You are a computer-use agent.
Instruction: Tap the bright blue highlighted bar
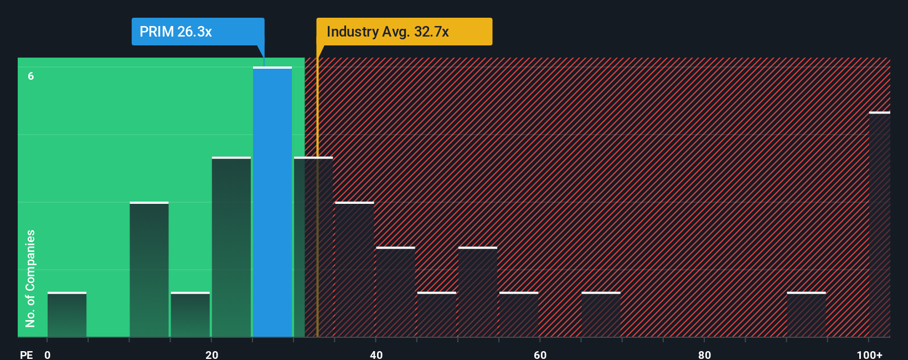point(272,202)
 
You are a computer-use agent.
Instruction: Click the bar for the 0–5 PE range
point(67,315)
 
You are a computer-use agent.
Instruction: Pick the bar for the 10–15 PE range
point(149,270)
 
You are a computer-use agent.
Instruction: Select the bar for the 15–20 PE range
point(190,315)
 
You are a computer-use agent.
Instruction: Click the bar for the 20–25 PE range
point(231,247)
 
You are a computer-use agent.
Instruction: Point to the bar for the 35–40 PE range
point(354,270)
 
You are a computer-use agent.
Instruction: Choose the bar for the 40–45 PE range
point(395,292)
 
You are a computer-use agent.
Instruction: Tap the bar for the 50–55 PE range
point(478,292)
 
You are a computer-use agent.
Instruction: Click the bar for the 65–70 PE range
point(601,315)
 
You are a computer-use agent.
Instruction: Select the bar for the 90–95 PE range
point(806,315)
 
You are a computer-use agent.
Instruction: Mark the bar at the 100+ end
point(880,224)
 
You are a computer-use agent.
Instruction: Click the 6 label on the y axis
point(31,76)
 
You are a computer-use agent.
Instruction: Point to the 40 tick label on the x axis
point(376,354)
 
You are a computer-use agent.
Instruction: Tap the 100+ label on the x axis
point(869,354)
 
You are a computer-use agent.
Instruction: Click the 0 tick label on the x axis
point(48,354)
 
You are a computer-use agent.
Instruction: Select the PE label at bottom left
point(27,354)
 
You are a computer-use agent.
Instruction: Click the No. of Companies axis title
point(30,278)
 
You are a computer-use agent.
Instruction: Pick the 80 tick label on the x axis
point(704,354)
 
